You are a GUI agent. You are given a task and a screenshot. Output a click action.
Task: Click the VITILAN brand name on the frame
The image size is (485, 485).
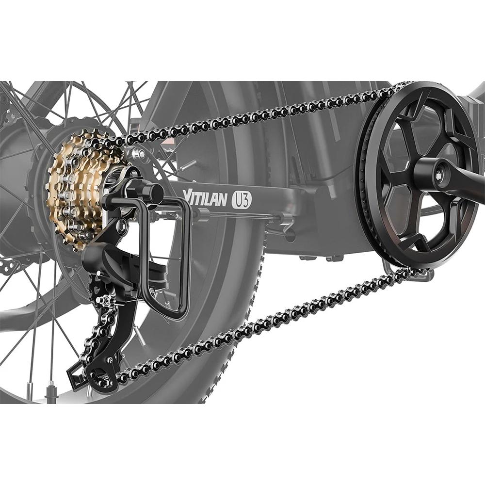pyautogui.click(x=205, y=198)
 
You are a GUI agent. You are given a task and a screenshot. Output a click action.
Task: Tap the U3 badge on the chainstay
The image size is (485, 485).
pyautogui.click(x=242, y=200)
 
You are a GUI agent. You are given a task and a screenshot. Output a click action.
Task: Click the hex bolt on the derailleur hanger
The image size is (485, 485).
pyautogui.click(x=122, y=226)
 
